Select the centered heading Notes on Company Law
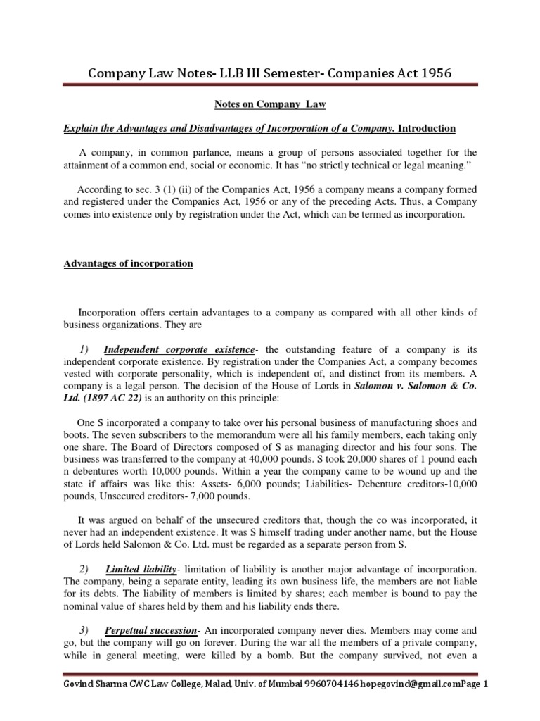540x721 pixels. pos(270,104)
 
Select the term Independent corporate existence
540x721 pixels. pos(179,330)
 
